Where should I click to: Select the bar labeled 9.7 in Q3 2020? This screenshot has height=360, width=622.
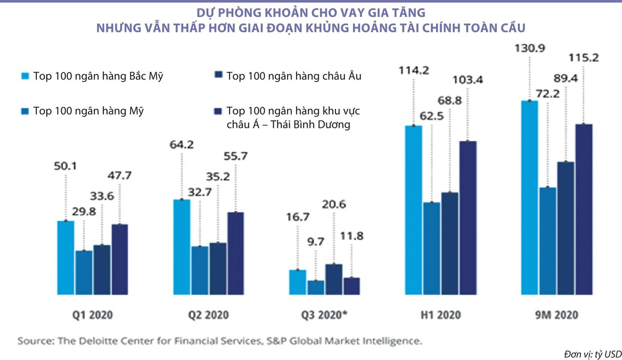[x=316, y=288]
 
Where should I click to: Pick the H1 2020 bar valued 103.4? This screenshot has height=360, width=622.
[x=468, y=218]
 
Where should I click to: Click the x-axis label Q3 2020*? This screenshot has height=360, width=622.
[x=324, y=314]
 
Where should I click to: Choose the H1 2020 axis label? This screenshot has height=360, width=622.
[x=441, y=314]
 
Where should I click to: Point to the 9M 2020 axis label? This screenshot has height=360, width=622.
[x=557, y=314]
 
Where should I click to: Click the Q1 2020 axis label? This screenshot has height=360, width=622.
[x=93, y=314]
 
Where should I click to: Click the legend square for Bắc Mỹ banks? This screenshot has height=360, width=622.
[x=23, y=76]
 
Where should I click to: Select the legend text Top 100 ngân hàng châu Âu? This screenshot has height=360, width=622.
[x=294, y=76]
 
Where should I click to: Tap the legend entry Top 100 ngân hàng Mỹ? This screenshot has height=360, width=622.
[x=88, y=110]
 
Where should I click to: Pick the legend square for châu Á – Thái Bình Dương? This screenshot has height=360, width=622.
[x=217, y=110]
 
